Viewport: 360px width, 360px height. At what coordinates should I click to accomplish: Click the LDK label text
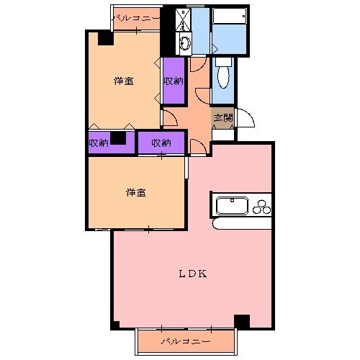[193, 274]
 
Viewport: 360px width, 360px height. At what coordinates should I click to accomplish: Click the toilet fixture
[222, 73]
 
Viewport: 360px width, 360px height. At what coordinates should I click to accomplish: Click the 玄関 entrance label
[222, 117]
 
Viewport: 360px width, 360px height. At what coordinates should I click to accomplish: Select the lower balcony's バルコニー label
[186, 340]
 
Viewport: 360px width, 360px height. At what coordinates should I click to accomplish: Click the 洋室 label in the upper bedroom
[123, 81]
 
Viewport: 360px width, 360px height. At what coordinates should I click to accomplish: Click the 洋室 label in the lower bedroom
[136, 192]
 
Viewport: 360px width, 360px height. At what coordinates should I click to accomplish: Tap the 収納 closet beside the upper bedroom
[173, 81]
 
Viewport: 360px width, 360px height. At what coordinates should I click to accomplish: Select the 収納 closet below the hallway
[161, 143]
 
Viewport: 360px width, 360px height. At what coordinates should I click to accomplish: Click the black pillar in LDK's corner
[241, 322]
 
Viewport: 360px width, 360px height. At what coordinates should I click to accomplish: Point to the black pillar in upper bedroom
[106, 39]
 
